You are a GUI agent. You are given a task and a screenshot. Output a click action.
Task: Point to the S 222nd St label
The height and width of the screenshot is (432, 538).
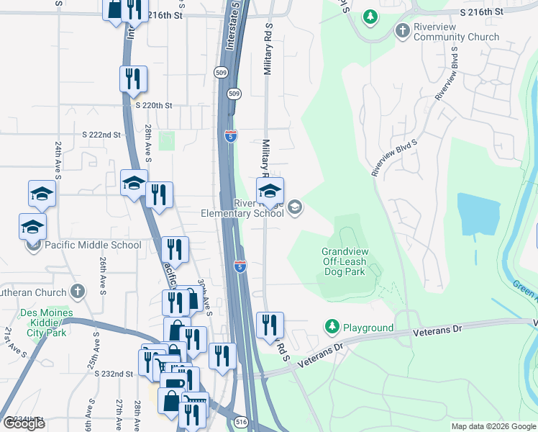(101, 135)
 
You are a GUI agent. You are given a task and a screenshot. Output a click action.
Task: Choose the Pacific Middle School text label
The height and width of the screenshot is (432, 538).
(94, 245)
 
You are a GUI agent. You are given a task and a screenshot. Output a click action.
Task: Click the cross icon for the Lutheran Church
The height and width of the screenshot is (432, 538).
(78, 292)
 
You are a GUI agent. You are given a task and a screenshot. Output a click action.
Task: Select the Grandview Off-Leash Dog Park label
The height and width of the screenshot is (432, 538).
(344, 261)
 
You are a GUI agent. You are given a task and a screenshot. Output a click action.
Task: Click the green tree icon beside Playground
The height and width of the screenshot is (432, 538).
(332, 328)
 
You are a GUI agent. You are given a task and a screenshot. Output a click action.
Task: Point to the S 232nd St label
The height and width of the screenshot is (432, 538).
(114, 374)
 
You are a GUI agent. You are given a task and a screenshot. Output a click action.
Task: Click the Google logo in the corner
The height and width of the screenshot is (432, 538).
(24, 423)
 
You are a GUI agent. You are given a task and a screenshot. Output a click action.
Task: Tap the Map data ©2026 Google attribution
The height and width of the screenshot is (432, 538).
(493, 426)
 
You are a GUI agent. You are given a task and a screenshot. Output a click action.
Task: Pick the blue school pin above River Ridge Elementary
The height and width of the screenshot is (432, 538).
(270, 191)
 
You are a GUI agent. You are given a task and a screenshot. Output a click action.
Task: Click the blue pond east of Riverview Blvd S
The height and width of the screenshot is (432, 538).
(478, 214)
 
